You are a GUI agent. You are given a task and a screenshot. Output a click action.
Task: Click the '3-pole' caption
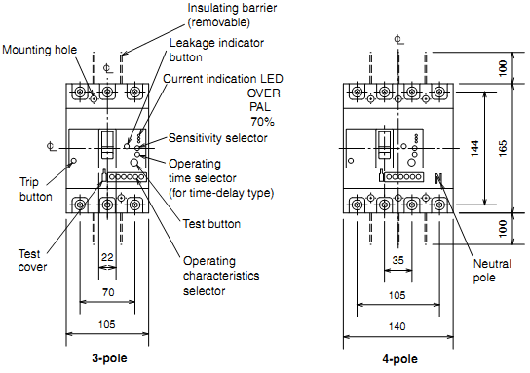pos(109,358)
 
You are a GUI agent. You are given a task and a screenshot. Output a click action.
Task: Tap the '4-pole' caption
pos(399,359)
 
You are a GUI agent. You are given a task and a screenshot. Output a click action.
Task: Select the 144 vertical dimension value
pos(474,148)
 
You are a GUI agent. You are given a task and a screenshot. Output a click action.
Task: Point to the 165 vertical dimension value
pos(503,148)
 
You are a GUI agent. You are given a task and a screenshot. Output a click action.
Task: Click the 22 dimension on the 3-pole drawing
pos(107,257)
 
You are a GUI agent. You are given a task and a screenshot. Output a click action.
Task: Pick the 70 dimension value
pos(108,292)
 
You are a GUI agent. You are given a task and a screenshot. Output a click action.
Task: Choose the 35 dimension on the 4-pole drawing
pos(397,260)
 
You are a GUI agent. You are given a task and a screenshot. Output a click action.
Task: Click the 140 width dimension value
pos(397,326)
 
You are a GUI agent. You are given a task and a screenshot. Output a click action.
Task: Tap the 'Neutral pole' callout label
pos(492,271)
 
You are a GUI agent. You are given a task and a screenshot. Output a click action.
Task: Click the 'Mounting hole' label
pos(40,50)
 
